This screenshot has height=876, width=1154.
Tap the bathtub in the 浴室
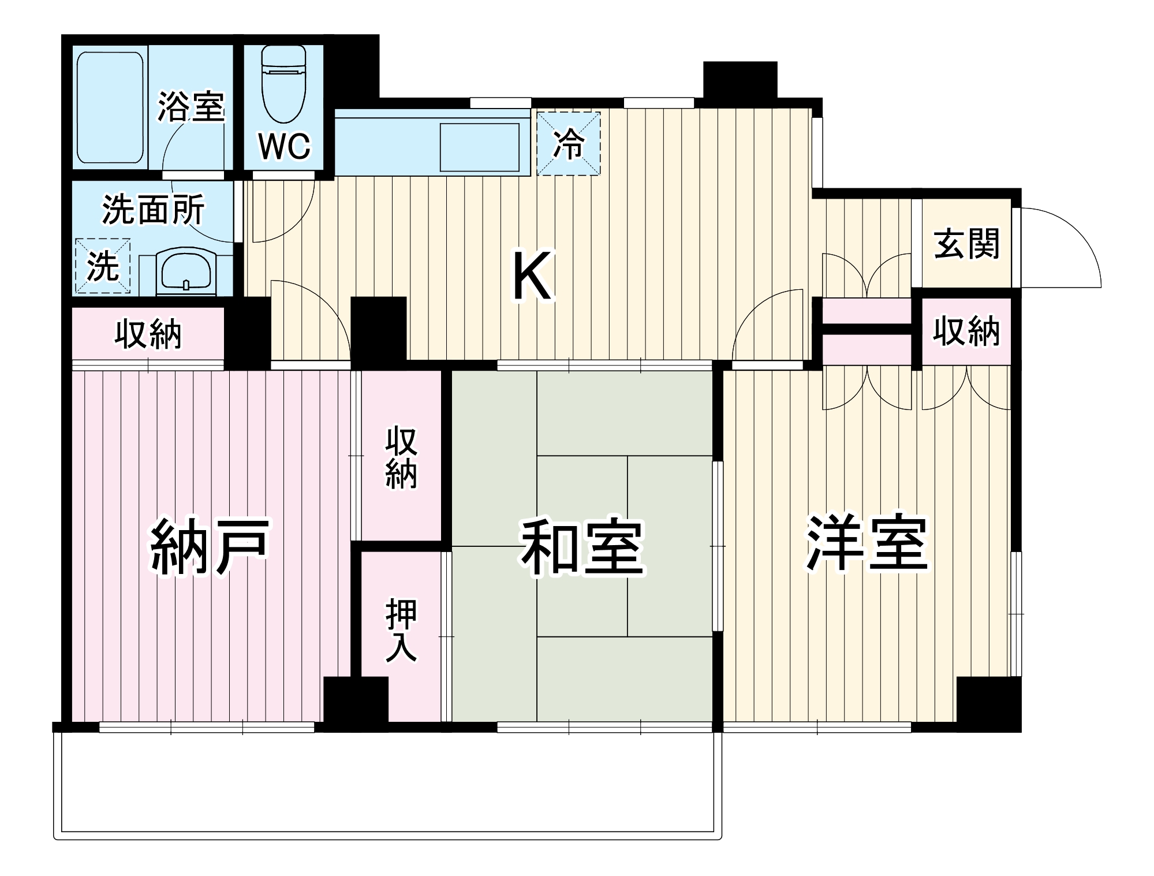tap(110, 108)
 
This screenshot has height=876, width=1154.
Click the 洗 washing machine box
tap(103, 266)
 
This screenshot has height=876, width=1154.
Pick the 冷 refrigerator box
tap(569, 144)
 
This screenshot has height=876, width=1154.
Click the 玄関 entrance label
tap(966, 244)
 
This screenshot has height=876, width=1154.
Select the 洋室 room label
tap(867, 543)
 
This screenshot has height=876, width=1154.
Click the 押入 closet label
tap(401, 630)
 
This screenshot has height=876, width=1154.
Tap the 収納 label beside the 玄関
tap(966, 332)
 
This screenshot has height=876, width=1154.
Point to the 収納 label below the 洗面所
tap(148, 334)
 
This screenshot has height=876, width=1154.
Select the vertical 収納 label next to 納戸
tap(401, 458)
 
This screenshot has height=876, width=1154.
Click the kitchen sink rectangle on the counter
tap(479, 147)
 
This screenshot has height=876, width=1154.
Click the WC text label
tap(284, 147)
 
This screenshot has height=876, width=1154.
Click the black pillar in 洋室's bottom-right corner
tap(988, 703)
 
